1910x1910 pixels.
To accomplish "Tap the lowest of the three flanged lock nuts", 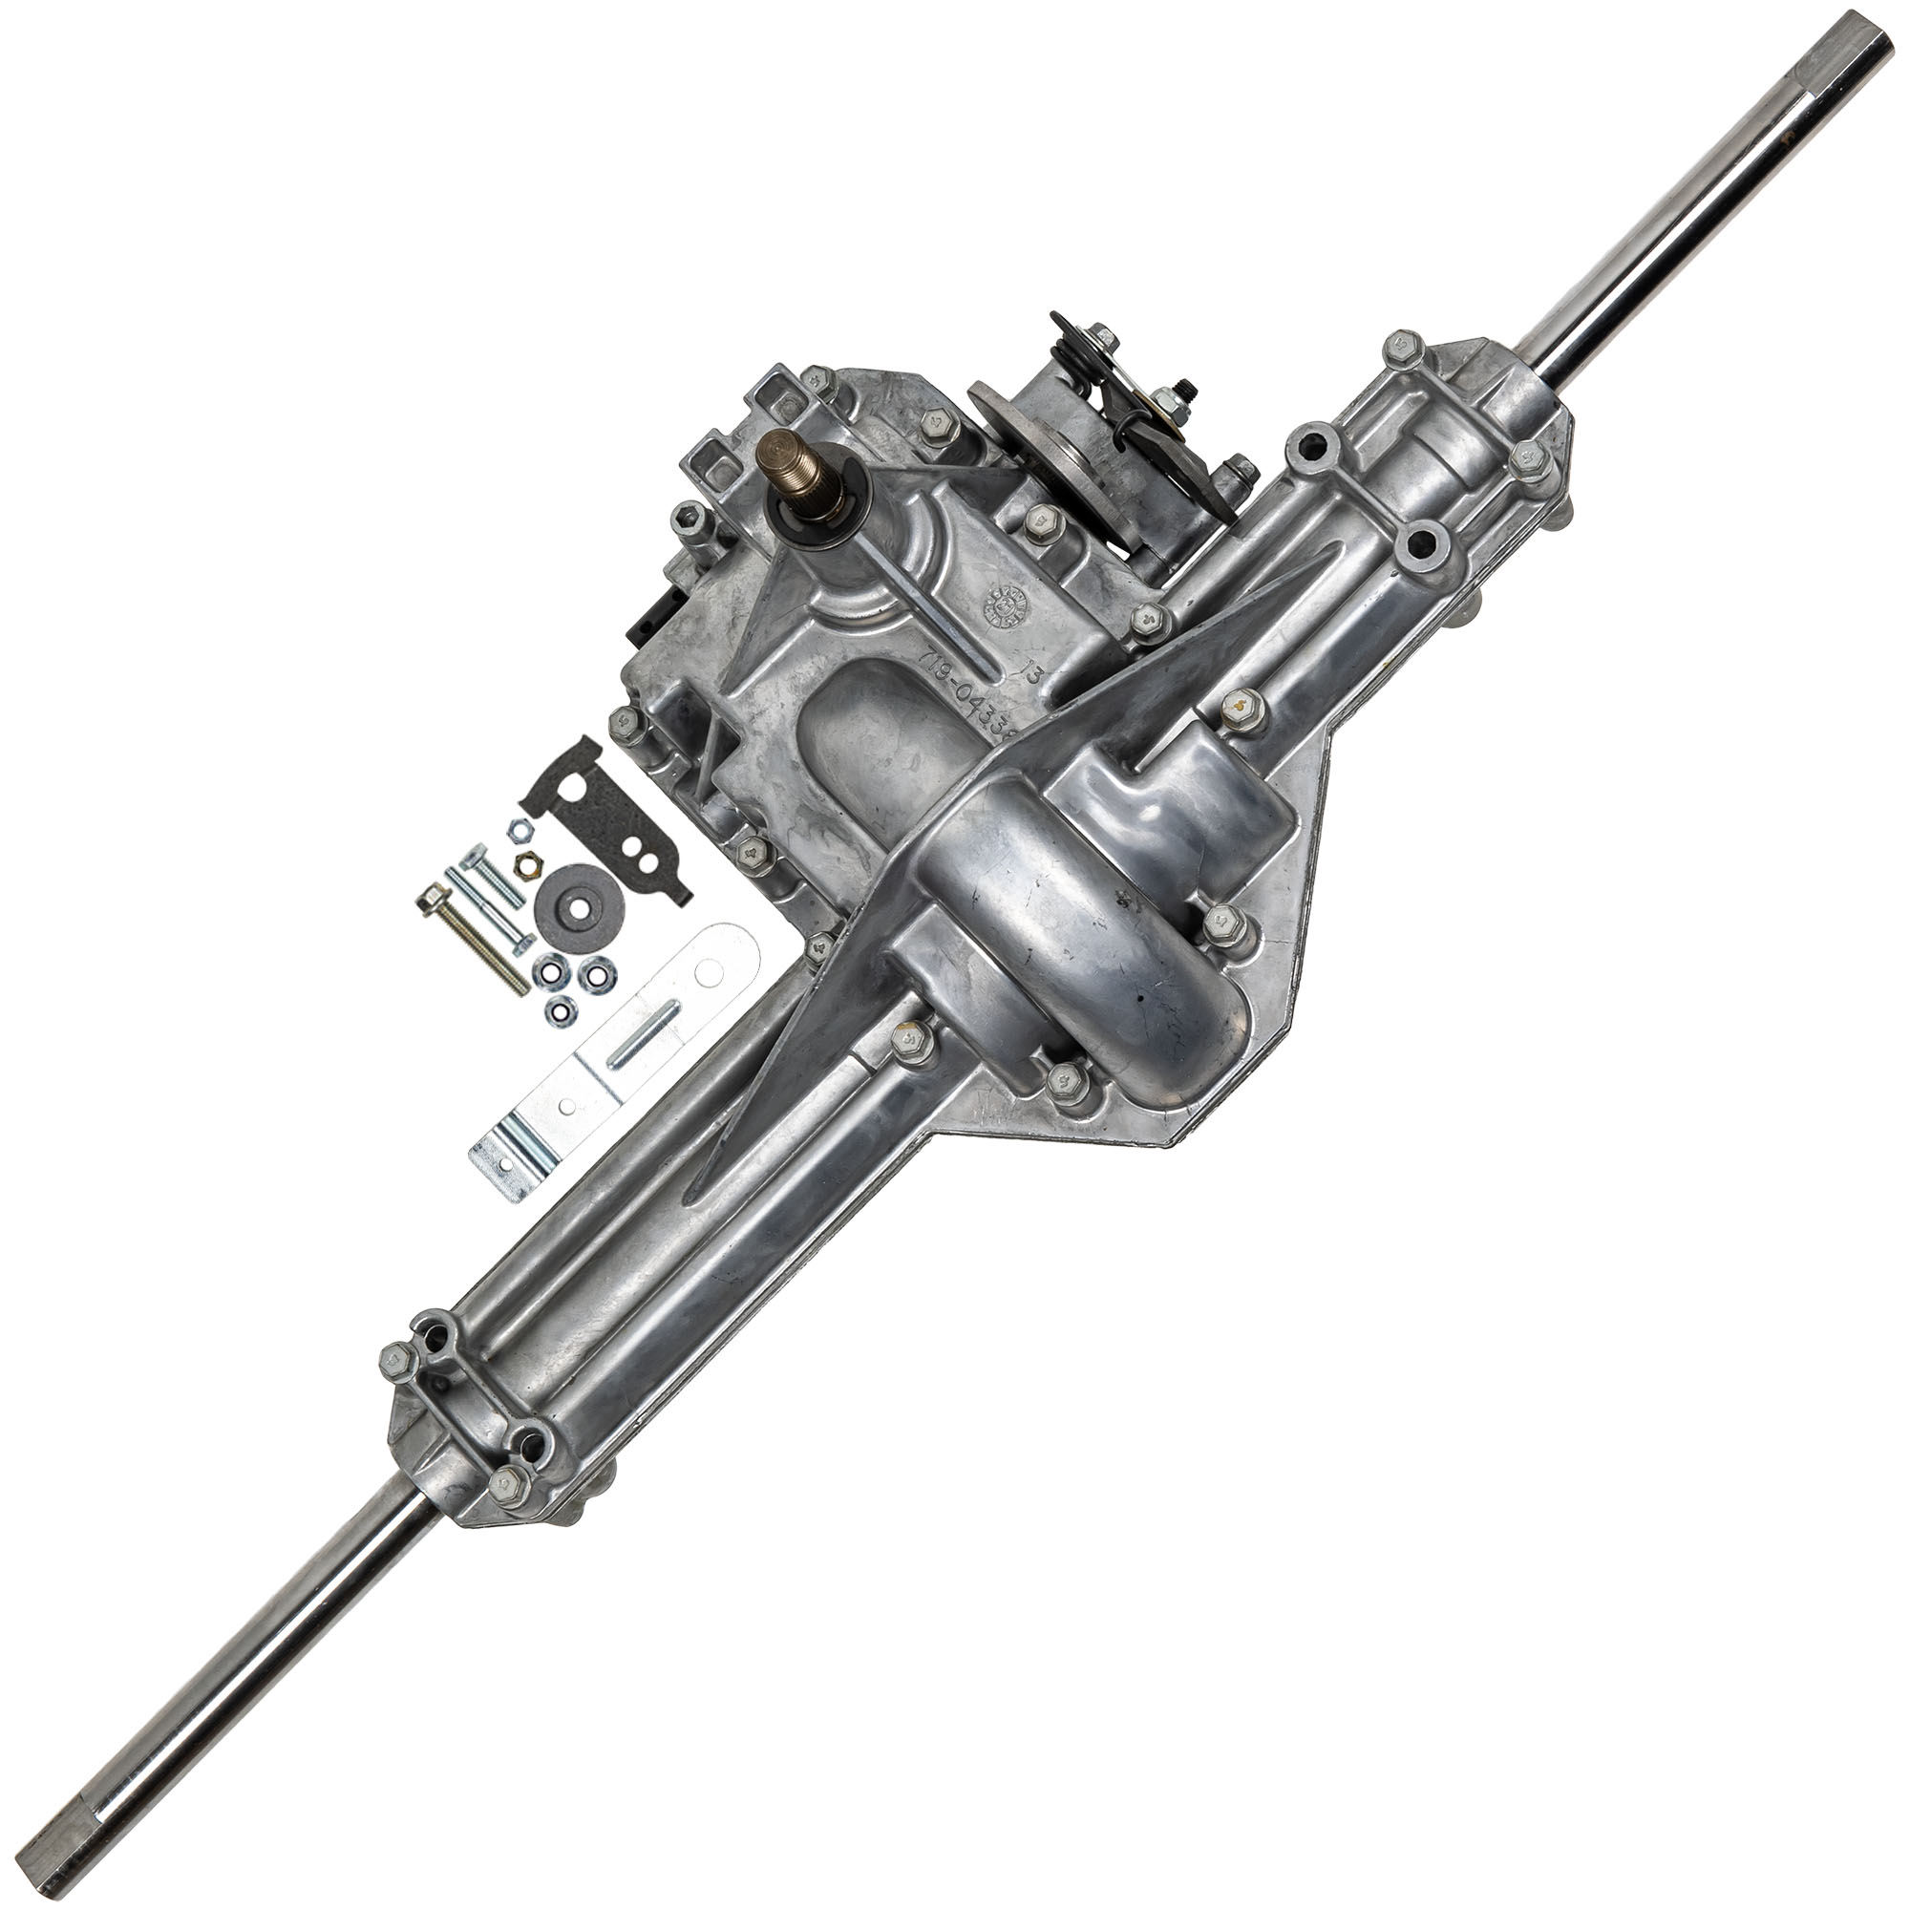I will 557,1010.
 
